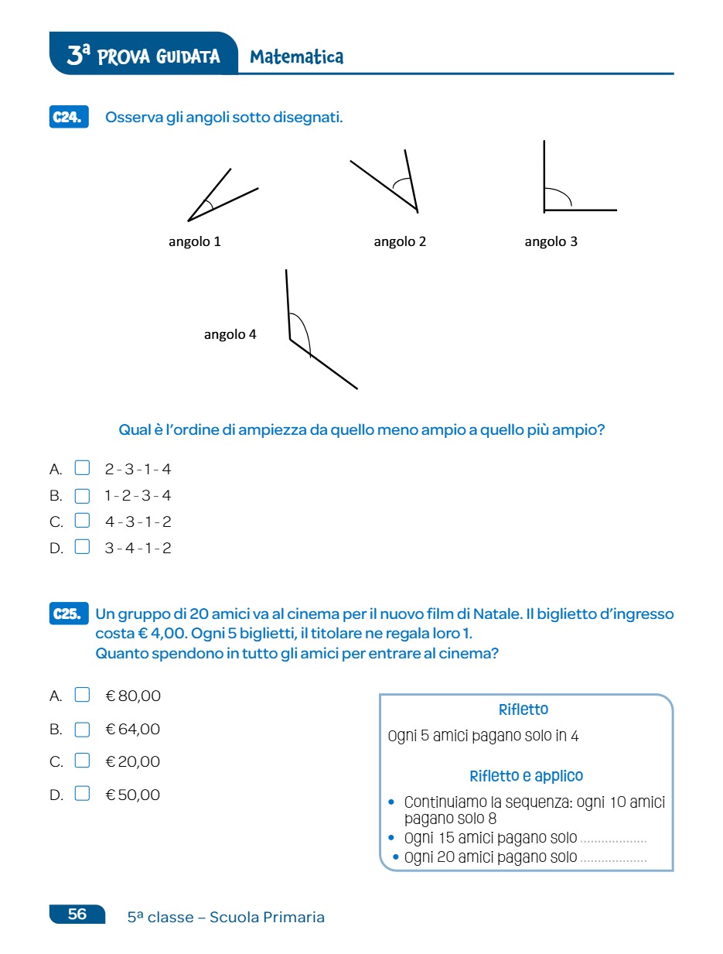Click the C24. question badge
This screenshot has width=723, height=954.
[x=68, y=118]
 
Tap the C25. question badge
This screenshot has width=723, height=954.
[x=68, y=614]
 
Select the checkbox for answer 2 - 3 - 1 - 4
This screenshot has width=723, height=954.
[x=82, y=468]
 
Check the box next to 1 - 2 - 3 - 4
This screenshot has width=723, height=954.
[x=82, y=496]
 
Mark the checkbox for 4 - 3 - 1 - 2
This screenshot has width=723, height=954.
[x=82, y=521]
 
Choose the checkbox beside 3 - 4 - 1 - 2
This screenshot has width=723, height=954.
[x=82, y=548]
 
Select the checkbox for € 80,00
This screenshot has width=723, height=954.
[x=82, y=695]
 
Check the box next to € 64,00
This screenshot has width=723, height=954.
[x=82, y=729]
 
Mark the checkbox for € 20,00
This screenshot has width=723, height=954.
[x=82, y=761]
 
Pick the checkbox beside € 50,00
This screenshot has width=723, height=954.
[x=82, y=794]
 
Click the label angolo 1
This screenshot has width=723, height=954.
[x=195, y=241]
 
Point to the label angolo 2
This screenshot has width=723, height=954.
[x=400, y=241]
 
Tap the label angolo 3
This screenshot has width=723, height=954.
[x=551, y=241]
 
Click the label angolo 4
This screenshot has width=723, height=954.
[x=230, y=335]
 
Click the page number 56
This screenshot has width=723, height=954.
[x=77, y=914]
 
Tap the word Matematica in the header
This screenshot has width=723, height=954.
[x=297, y=57]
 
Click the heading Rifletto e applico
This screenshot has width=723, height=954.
[x=526, y=775]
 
